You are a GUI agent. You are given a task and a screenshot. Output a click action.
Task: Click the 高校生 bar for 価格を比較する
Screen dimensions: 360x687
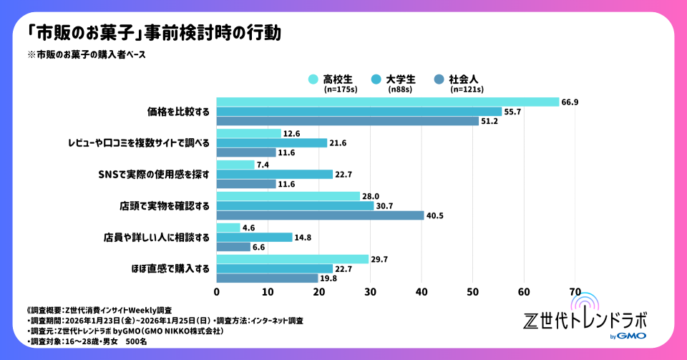(387, 102)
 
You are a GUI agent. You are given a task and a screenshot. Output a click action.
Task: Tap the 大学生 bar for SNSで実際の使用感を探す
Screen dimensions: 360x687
(274, 174)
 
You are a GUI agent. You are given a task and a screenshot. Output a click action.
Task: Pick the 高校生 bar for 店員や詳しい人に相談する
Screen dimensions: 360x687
(228, 228)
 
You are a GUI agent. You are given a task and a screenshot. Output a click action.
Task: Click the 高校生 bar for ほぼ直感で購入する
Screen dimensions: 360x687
(292, 259)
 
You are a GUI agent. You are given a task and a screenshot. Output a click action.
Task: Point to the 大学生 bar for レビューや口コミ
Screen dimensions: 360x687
(271, 142)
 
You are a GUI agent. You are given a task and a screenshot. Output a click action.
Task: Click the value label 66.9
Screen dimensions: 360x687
(570, 102)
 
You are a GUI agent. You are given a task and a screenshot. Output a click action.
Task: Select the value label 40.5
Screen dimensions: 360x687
(435, 215)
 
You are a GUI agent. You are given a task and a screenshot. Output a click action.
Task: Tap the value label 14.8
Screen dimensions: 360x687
(303, 238)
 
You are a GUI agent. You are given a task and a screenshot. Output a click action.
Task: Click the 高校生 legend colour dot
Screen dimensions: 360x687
(313, 79)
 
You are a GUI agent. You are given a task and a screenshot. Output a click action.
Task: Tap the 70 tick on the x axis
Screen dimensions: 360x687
(574, 291)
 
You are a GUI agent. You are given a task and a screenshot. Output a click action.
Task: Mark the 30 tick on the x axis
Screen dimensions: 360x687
(370, 291)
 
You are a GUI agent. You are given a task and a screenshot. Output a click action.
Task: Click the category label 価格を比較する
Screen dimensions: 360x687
(178, 112)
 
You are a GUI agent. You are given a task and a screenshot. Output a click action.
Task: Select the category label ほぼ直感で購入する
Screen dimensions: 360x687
(172, 269)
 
